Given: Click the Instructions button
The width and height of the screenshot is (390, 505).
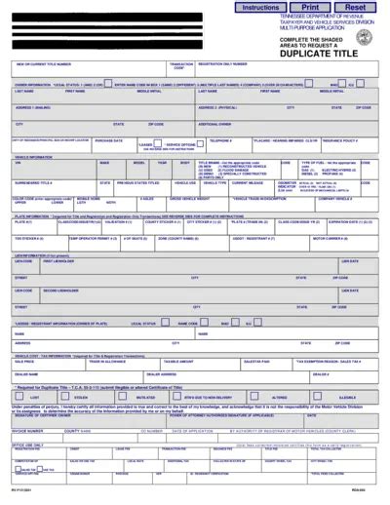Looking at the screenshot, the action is [260, 7].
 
